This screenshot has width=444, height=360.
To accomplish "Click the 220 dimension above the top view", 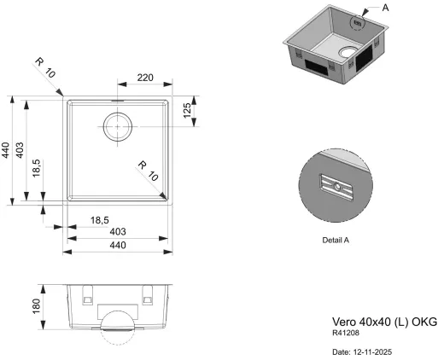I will coord(145,78).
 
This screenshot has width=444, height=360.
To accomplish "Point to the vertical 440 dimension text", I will coord(6,150).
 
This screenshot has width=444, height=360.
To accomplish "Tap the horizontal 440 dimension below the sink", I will coord(118,246).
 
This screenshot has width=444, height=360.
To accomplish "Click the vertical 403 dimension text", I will coord(23,150).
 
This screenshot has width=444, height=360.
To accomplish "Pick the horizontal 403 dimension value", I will coord(118,232).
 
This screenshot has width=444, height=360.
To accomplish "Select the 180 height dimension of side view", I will coord(37,305).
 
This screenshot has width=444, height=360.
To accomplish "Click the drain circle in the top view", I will coord(117,126).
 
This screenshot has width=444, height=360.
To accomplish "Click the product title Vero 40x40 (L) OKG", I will coord(383,322).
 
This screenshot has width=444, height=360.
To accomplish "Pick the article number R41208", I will coord(346,334).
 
